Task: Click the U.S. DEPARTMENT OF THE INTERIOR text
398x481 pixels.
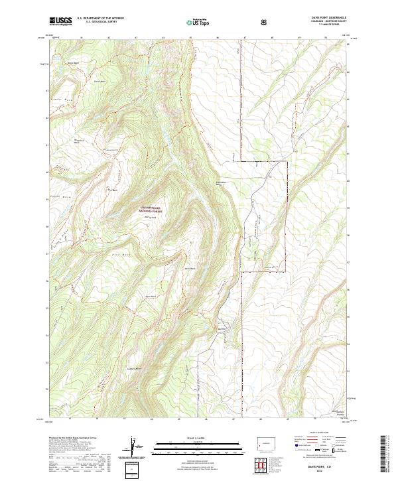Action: click(x=100, y=19)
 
